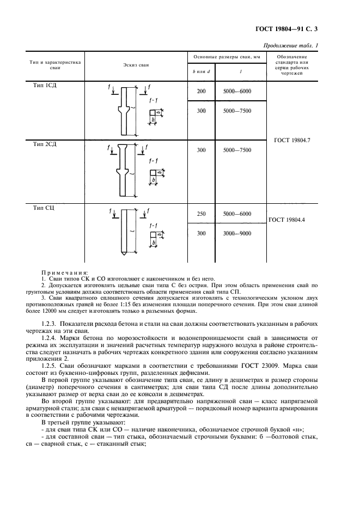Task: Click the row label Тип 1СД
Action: point(44,86)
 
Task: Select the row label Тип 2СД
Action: point(44,144)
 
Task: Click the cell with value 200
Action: point(201,92)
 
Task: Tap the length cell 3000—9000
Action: point(237,233)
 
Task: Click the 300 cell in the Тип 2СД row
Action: point(201,150)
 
